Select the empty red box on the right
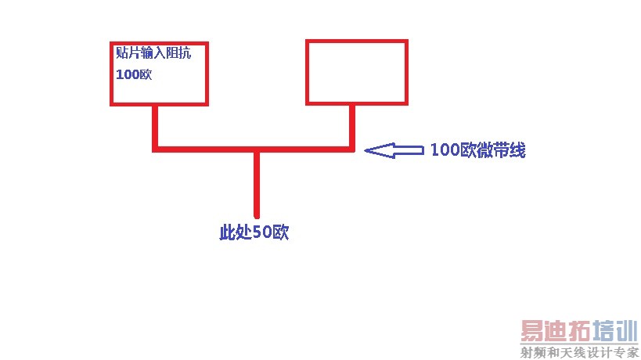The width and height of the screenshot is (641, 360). point(356,72)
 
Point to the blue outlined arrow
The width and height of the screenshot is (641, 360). point(394,150)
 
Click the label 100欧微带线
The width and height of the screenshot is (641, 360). point(477,151)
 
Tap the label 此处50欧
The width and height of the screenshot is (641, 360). point(254,232)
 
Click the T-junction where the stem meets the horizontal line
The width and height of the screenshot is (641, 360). point(256,148)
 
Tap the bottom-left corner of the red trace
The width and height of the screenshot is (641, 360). point(157,147)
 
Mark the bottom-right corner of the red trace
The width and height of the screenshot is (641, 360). point(352,147)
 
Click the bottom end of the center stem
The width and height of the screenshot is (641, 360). point(256,214)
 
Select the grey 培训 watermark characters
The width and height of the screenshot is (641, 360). point(615,331)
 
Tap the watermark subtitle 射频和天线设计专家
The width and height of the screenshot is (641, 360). point(580,352)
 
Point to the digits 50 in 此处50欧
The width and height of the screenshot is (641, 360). point(262,232)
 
